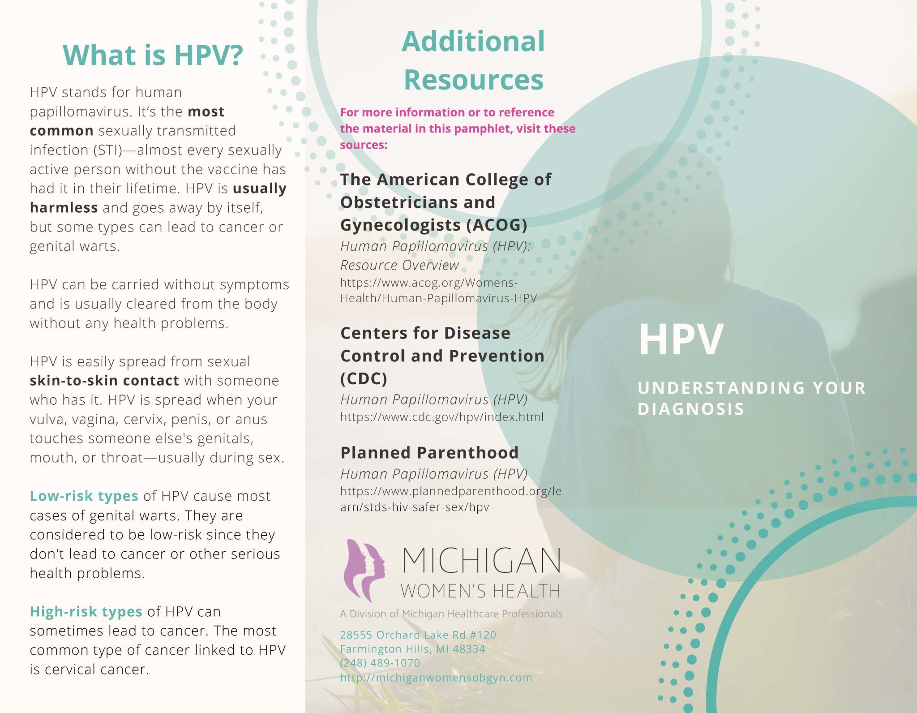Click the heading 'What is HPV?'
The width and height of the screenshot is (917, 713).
[153, 55]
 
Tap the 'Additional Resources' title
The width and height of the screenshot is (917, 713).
[473, 60]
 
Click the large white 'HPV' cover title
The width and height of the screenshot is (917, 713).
[680, 340]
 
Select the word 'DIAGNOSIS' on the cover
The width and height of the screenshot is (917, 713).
[690, 409]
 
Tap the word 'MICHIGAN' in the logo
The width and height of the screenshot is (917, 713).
[481, 561]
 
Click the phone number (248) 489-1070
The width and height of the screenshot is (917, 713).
[380, 663]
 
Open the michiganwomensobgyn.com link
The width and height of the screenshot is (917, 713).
[436, 678]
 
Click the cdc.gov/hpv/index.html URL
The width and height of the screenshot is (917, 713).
[441, 417]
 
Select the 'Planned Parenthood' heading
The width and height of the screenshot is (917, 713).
[429, 452]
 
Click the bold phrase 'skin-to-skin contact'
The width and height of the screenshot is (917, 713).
[104, 381]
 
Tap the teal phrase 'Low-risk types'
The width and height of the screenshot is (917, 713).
[84, 496]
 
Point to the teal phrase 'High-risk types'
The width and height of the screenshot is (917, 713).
[86, 611]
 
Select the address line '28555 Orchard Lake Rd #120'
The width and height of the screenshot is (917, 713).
[418, 635]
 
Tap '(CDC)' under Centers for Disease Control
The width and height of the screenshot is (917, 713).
[364, 379]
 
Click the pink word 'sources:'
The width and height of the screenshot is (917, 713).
[363, 145]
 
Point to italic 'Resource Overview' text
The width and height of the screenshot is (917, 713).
[399, 265]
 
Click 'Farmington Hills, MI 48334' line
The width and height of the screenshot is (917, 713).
[412, 649]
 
